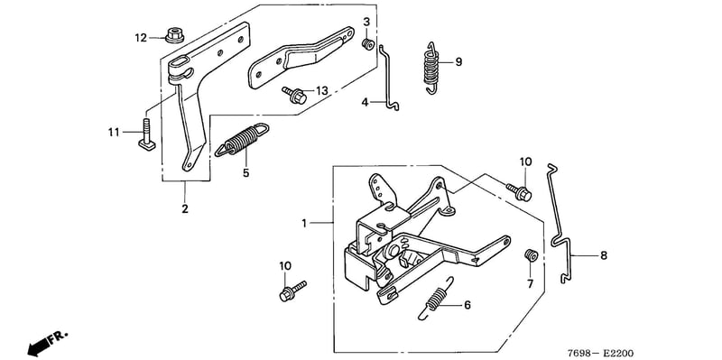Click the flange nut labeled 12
[x=173, y=35]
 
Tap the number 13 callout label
[x=321, y=91]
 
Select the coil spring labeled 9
[x=431, y=68]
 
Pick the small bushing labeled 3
[x=367, y=44]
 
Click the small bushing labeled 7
[x=532, y=255]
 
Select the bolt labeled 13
[x=295, y=95]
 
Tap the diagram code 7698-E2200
[x=600, y=353]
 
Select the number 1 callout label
[x=304, y=223]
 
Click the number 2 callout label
[x=185, y=208]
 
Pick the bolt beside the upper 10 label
[x=520, y=192]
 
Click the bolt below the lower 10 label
[x=292, y=291]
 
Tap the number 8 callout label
[x=603, y=255]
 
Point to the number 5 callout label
[x=245, y=173]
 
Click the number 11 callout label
[x=114, y=133]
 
